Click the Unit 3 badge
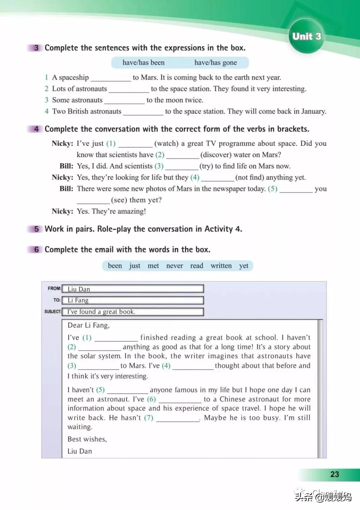(306, 36)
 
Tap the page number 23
(334, 474)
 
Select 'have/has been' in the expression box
(144, 63)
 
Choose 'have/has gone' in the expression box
(215, 63)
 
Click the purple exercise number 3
(36, 48)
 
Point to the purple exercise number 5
(36, 229)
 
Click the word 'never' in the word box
(175, 266)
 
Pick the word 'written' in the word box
(221, 266)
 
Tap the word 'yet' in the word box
(243, 266)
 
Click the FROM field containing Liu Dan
(133, 289)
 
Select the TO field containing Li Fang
(133, 300)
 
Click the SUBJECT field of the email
(133, 312)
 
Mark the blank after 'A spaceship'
(111, 78)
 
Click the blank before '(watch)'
(135, 144)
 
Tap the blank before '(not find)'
(217, 178)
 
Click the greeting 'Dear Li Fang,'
(88, 325)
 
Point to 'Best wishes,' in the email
(87, 439)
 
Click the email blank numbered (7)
(178, 418)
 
